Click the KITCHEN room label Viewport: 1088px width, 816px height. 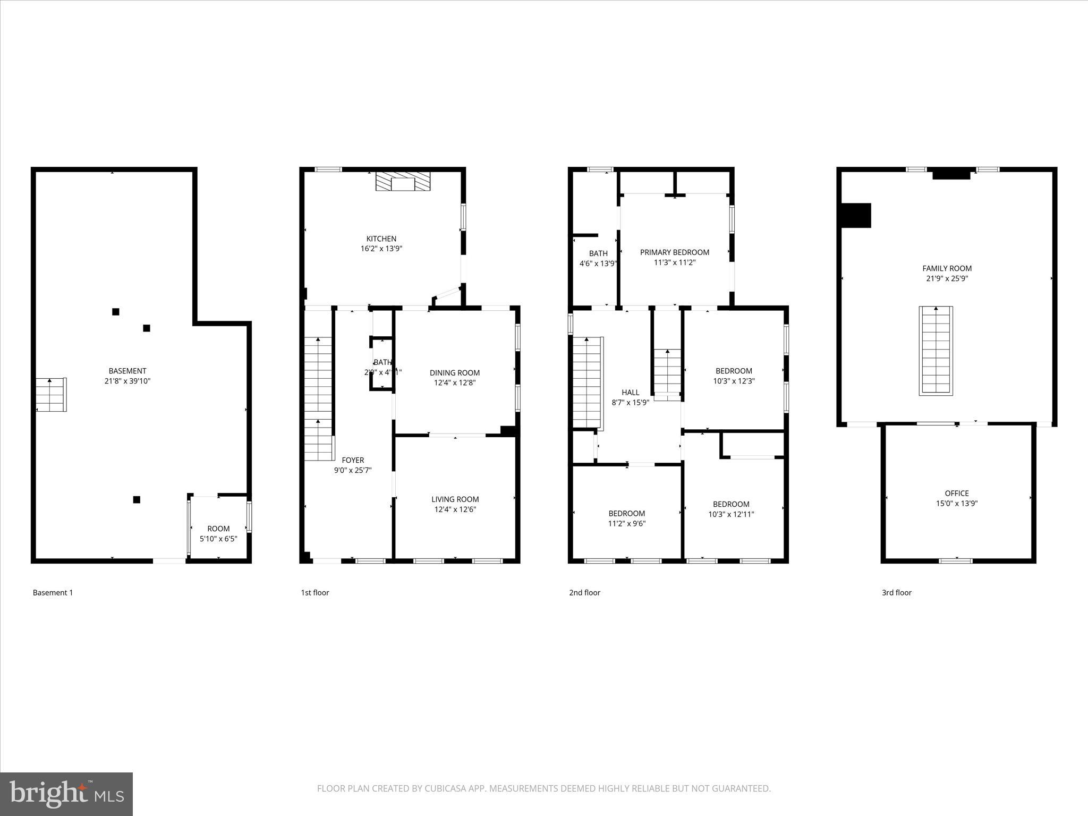tap(381, 239)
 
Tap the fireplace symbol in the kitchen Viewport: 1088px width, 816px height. tap(403, 181)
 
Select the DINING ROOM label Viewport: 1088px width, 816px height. tap(454, 373)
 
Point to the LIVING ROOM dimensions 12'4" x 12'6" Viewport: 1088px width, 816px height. tap(455, 509)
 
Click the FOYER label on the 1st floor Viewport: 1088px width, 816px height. tap(353, 460)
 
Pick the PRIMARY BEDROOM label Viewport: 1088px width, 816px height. tap(674, 252)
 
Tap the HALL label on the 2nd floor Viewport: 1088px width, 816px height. tap(630, 393)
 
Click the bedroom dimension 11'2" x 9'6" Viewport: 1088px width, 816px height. tap(626, 523)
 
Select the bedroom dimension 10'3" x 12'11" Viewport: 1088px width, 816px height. tap(731, 514)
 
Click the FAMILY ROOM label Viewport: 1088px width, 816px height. tap(947, 268)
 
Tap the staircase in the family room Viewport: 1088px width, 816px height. tap(936, 351)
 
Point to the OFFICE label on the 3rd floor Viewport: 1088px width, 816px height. tap(956, 493)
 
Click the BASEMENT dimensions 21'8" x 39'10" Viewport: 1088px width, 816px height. tap(127, 381)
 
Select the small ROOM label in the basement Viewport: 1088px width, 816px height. tap(218, 529)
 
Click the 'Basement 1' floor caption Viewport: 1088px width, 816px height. tap(53, 592)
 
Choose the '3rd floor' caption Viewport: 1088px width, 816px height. tap(896, 592)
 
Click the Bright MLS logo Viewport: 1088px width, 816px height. tap(66, 794)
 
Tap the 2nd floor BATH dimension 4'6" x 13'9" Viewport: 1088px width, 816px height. tap(598, 263)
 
